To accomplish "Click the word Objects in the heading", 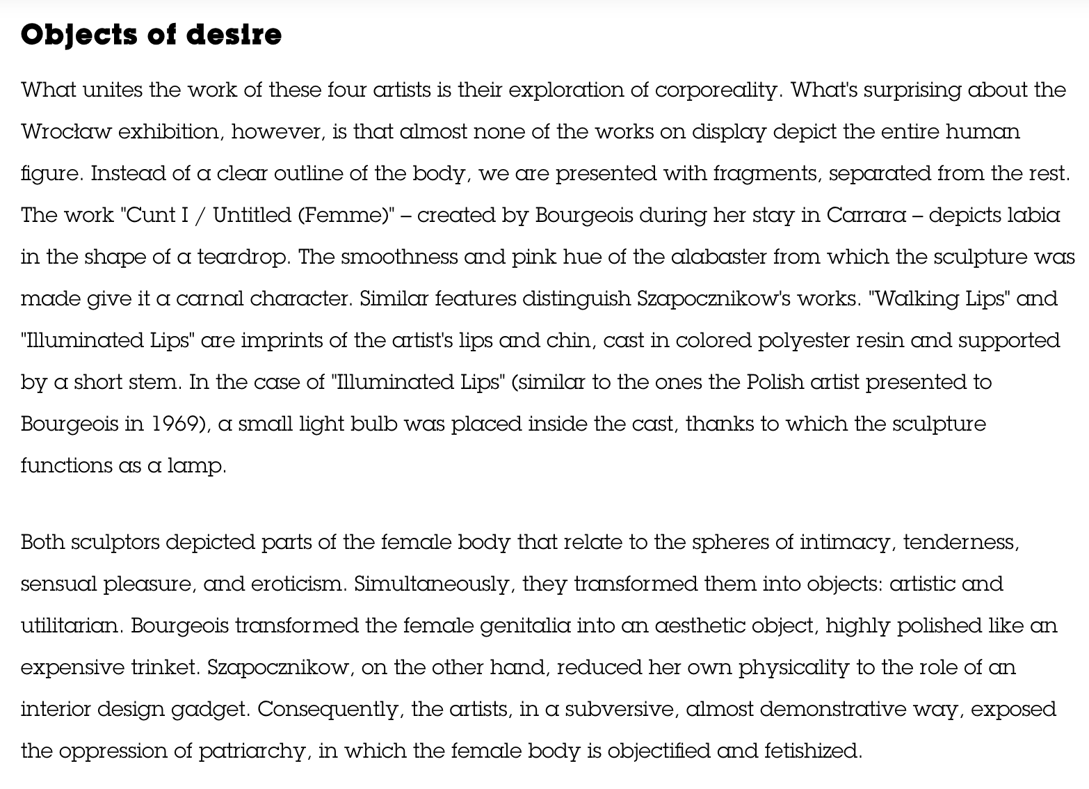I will [x=77, y=35].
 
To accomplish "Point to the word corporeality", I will [x=716, y=90].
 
